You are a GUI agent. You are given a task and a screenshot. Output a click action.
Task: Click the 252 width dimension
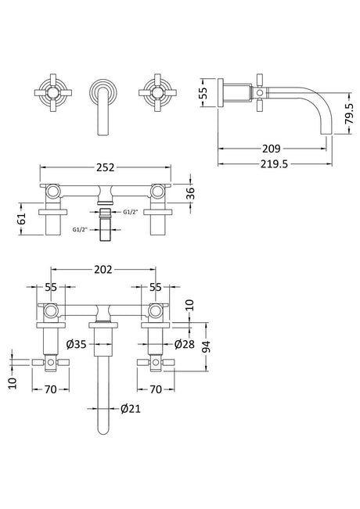(x=106, y=167)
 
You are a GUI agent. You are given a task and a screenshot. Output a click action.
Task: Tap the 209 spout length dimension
(x=271, y=149)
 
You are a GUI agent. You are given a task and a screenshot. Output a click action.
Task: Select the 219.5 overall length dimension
(x=274, y=164)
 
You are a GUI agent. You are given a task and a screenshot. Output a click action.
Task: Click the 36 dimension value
(x=190, y=193)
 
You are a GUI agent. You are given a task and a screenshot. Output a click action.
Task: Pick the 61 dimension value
(x=21, y=219)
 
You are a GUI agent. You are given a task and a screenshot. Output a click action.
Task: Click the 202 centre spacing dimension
(x=103, y=270)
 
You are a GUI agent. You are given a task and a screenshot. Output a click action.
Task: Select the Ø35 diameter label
(x=77, y=344)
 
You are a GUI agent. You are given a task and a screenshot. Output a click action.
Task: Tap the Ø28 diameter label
(x=184, y=344)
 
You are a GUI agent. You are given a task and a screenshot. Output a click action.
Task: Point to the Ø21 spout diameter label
(x=130, y=408)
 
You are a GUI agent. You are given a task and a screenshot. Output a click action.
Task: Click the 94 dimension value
(x=207, y=346)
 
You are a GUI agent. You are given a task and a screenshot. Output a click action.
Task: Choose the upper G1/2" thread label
(x=130, y=213)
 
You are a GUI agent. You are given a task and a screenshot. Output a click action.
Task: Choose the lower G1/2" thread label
(x=80, y=230)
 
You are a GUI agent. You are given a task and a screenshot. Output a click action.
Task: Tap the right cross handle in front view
(x=157, y=93)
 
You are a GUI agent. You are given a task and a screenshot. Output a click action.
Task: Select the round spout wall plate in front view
(x=103, y=93)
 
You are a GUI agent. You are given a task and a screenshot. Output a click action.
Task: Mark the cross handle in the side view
(x=259, y=93)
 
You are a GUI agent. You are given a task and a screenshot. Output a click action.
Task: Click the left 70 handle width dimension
(x=50, y=389)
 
